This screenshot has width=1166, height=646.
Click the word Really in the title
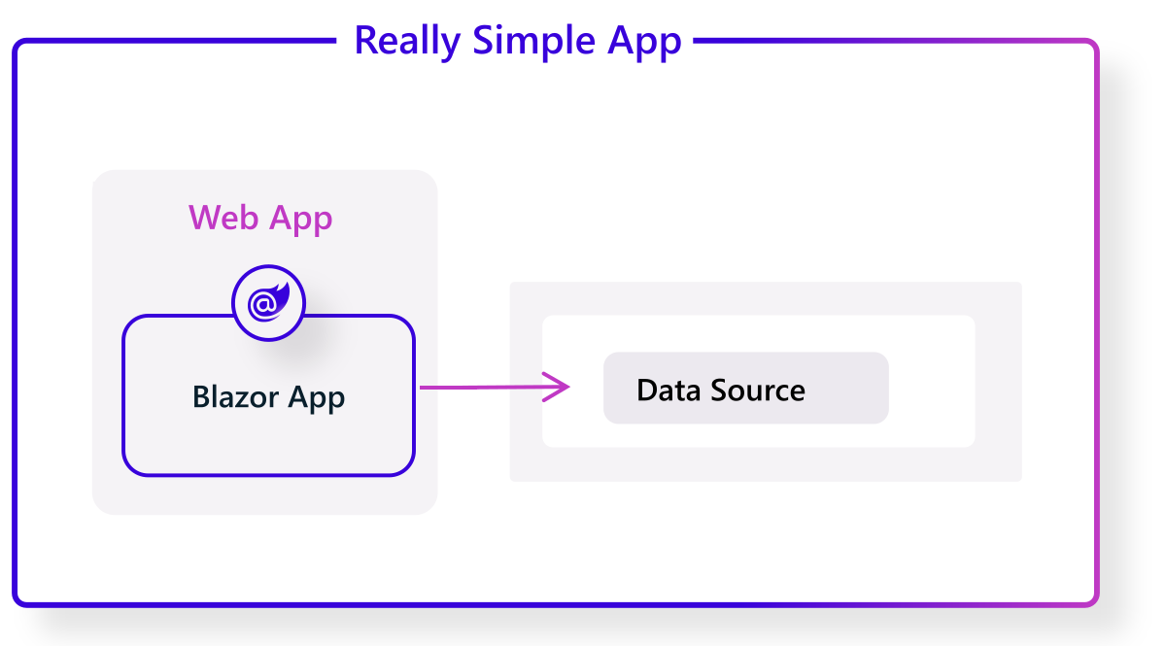[x=408, y=42]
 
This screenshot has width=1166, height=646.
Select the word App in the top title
[x=644, y=42]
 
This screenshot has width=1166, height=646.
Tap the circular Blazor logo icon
[x=268, y=304]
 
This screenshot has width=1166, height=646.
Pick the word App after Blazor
[x=318, y=398]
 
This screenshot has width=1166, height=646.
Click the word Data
[x=669, y=391]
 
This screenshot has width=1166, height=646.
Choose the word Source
[x=758, y=391]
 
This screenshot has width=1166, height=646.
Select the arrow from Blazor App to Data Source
[x=494, y=388]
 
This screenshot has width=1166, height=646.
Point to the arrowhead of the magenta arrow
[x=565, y=387]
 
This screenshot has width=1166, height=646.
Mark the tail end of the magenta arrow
[x=423, y=388]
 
